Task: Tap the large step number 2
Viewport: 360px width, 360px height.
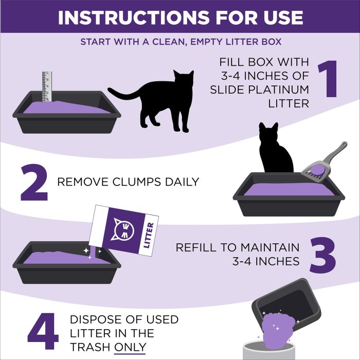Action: (x=34, y=182)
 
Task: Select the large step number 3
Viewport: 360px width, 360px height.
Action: (x=322, y=254)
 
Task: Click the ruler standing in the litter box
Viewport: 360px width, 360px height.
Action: (x=47, y=87)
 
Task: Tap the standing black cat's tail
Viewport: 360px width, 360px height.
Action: (x=123, y=94)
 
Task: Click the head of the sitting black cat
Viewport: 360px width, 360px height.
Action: (x=268, y=134)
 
